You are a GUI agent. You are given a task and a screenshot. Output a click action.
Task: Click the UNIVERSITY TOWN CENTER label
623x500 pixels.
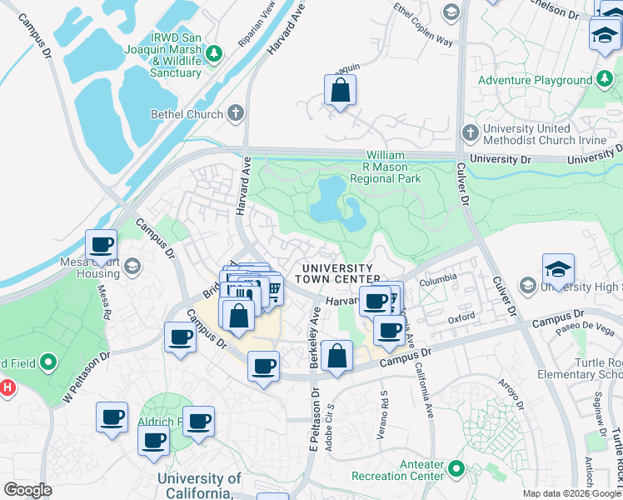pyautogui.click(x=336, y=272)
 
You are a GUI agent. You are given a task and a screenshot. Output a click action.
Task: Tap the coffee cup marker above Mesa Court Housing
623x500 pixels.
pyautogui.click(x=102, y=245)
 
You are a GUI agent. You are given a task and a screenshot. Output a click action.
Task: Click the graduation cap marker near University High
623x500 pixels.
pyautogui.click(x=558, y=268)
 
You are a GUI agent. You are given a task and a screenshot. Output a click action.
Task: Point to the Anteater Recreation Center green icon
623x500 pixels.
pyautogui.click(x=455, y=469)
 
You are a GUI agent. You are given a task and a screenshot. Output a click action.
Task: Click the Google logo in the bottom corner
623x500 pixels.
pyautogui.click(x=27, y=490)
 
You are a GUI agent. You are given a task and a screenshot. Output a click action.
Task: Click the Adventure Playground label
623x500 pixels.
pyautogui.click(x=536, y=81)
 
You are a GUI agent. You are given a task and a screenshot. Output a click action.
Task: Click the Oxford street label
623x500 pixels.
pyautogui.click(x=461, y=317)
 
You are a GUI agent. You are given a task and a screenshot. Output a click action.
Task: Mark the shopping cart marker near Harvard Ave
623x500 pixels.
pyautogui.click(x=272, y=289)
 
